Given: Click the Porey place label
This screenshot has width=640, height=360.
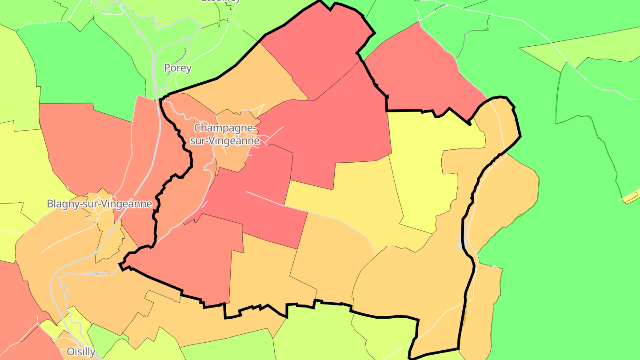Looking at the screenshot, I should (178, 68).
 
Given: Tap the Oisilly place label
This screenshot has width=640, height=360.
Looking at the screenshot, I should (81, 352).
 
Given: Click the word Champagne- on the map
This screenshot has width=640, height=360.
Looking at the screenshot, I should (225, 128).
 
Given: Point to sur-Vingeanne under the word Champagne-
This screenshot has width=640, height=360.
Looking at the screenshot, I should (225, 140).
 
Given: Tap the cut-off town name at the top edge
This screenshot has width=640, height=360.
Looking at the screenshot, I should (221, 1).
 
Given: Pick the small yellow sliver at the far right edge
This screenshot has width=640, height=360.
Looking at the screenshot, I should (631, 196).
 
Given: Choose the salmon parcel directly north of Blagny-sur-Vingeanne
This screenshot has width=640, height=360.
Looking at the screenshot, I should (84, 147).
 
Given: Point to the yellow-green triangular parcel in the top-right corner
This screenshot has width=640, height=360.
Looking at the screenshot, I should (591, 49).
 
